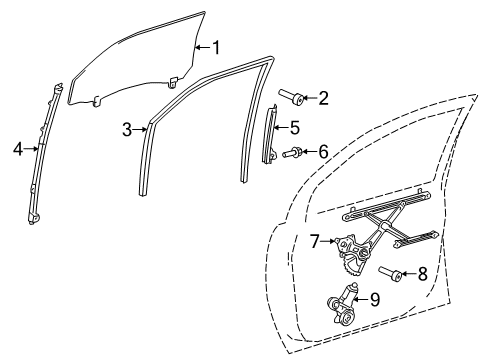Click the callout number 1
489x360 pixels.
point(217,46)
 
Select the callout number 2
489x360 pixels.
point(323,97)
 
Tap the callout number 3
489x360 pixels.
point(127,129)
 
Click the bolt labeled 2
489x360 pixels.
point(294,97)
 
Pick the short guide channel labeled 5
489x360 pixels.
point(269,135)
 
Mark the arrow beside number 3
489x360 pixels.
point(141,129)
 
